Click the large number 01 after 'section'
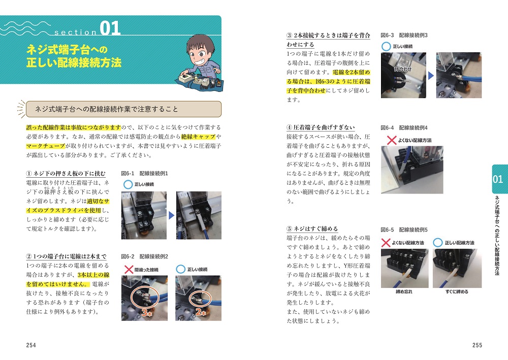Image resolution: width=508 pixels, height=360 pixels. point(110,28)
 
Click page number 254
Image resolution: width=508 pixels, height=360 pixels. point(31,345)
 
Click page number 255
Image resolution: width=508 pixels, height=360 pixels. point(477,345)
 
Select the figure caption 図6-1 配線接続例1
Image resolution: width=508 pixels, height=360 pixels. point(144,174)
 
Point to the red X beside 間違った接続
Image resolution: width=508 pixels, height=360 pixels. point(129,269)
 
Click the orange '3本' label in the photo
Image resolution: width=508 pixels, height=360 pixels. point(147,313)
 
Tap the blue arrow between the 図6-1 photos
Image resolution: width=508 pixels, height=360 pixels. point(171,215)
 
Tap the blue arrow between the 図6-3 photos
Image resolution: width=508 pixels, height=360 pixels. point(431,76)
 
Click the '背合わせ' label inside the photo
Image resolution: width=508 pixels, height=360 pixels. point(403,69)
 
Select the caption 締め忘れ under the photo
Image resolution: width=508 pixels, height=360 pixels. point(404,291)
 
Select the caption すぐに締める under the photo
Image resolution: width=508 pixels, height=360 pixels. point(457,291)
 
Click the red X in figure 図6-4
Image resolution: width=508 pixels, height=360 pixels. point(392,140)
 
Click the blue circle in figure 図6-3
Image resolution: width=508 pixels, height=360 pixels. point(386,47)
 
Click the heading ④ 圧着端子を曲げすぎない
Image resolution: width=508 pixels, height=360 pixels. point(321,127)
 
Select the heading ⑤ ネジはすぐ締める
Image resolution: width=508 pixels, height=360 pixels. point(312,229)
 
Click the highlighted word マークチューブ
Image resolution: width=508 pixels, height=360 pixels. point(46,146)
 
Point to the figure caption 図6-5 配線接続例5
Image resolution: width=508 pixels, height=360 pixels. point(404,230)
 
